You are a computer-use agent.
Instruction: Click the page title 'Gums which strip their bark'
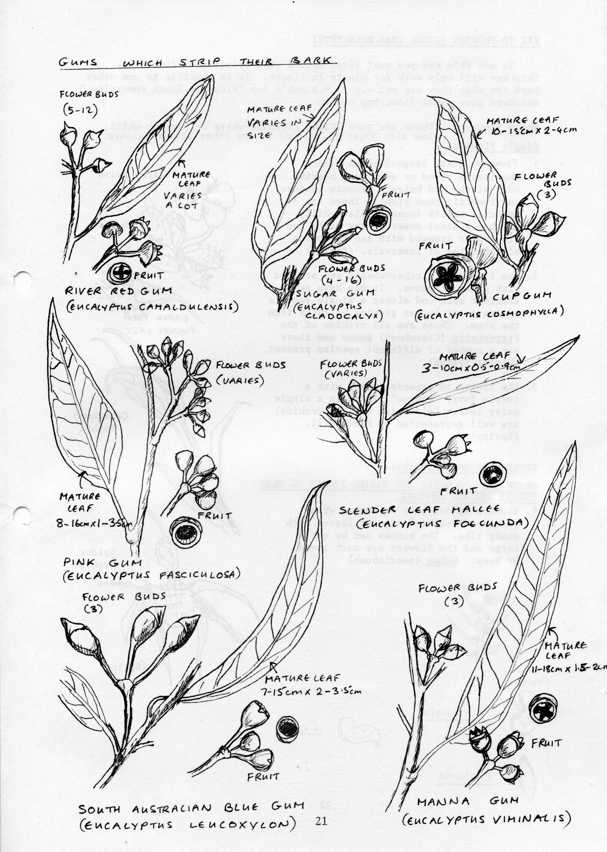tap(194, 62)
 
